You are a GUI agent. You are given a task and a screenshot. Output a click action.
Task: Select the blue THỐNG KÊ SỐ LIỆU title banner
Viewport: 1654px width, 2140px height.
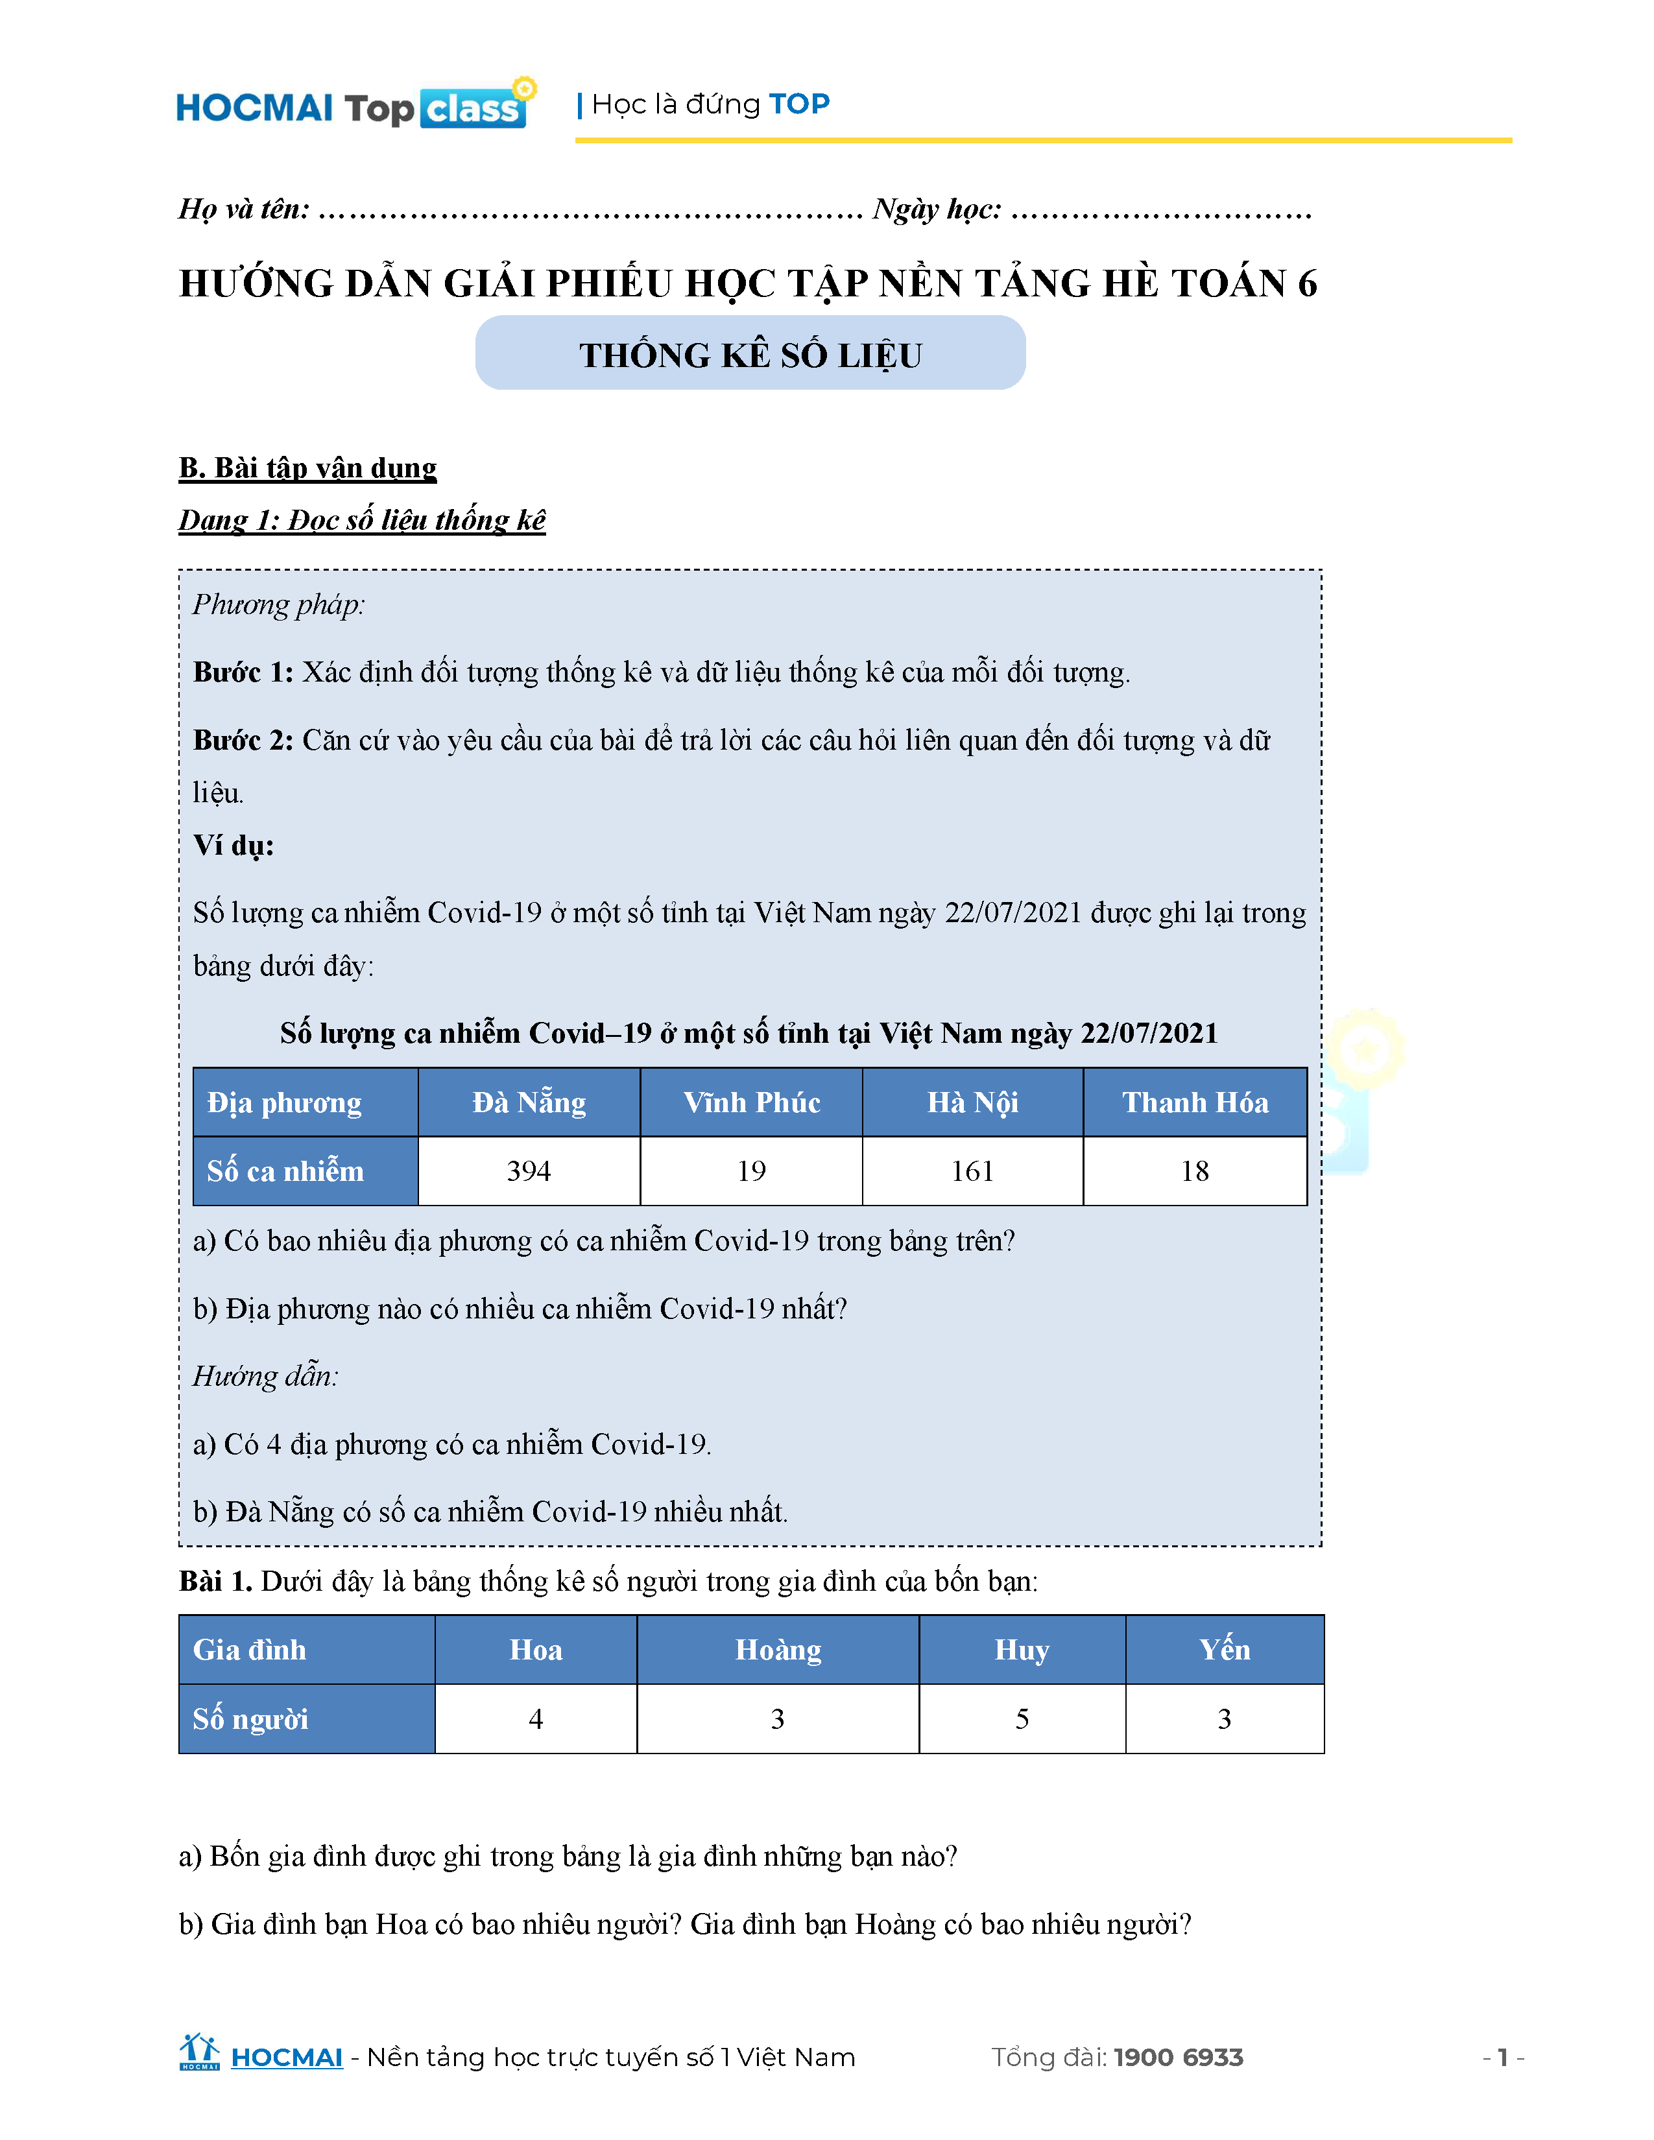pos(750,353)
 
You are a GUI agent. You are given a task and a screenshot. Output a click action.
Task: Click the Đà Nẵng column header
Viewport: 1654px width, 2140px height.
pos(529,1102)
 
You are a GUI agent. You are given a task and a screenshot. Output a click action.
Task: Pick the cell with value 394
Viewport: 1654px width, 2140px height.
pos(529,1171)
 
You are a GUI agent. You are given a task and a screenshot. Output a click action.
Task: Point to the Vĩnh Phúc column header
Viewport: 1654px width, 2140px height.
pos(752,1102)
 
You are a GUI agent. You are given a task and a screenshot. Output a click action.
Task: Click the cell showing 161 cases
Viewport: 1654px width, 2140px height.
pos(972,1171)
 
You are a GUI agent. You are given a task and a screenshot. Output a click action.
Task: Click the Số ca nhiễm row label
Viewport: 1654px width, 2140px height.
pos(285,1171)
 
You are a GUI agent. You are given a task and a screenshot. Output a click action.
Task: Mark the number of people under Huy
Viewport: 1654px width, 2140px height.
pos(1022,1718)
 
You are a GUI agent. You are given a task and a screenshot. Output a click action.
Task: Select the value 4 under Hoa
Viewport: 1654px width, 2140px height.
pos(536,1718)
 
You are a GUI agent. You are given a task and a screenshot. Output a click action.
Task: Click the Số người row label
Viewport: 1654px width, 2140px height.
pos(251,1718)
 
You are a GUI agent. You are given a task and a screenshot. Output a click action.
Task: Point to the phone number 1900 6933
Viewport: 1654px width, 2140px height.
pos(1178,2058)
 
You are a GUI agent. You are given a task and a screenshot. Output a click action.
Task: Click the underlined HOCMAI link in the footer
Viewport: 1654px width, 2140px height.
pos(286,2058)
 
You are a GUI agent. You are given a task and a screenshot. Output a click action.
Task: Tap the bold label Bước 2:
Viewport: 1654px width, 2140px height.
pos(243,740)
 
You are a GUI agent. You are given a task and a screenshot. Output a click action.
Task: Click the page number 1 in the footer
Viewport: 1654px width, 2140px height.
pos(1502,2058)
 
